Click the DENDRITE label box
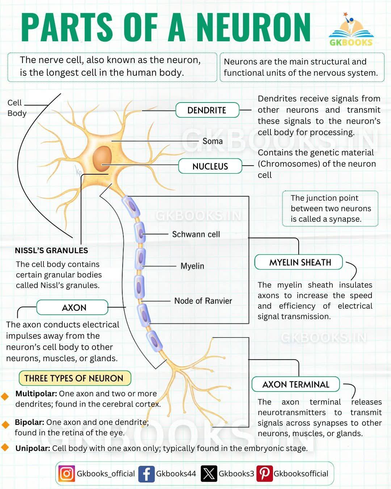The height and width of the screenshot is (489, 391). (207, 110)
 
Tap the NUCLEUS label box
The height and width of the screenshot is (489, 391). (210, 166)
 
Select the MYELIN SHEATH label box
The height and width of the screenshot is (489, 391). (299, 262)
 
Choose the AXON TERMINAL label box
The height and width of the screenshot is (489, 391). (296, 384)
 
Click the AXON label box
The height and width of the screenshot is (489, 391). (72, 307)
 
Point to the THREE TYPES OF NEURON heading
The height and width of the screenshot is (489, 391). (75, 378)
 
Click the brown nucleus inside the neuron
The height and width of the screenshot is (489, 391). (102, 159)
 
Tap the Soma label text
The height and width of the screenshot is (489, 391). (213, 141)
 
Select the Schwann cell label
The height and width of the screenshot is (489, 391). (196, 234)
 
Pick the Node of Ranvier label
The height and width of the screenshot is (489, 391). (203, 301)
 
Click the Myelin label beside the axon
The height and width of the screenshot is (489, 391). (192, 266)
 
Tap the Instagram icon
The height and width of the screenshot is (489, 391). (67, 473)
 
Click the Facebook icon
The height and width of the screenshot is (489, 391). (147, 474)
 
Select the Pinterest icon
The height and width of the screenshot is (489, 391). (264, 473)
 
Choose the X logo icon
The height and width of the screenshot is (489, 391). (209, 473)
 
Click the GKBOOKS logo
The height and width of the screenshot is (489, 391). (351, 30)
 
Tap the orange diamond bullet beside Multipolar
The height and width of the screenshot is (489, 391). (5, 396)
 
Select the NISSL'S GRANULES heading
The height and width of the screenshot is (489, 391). (51, 250)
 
